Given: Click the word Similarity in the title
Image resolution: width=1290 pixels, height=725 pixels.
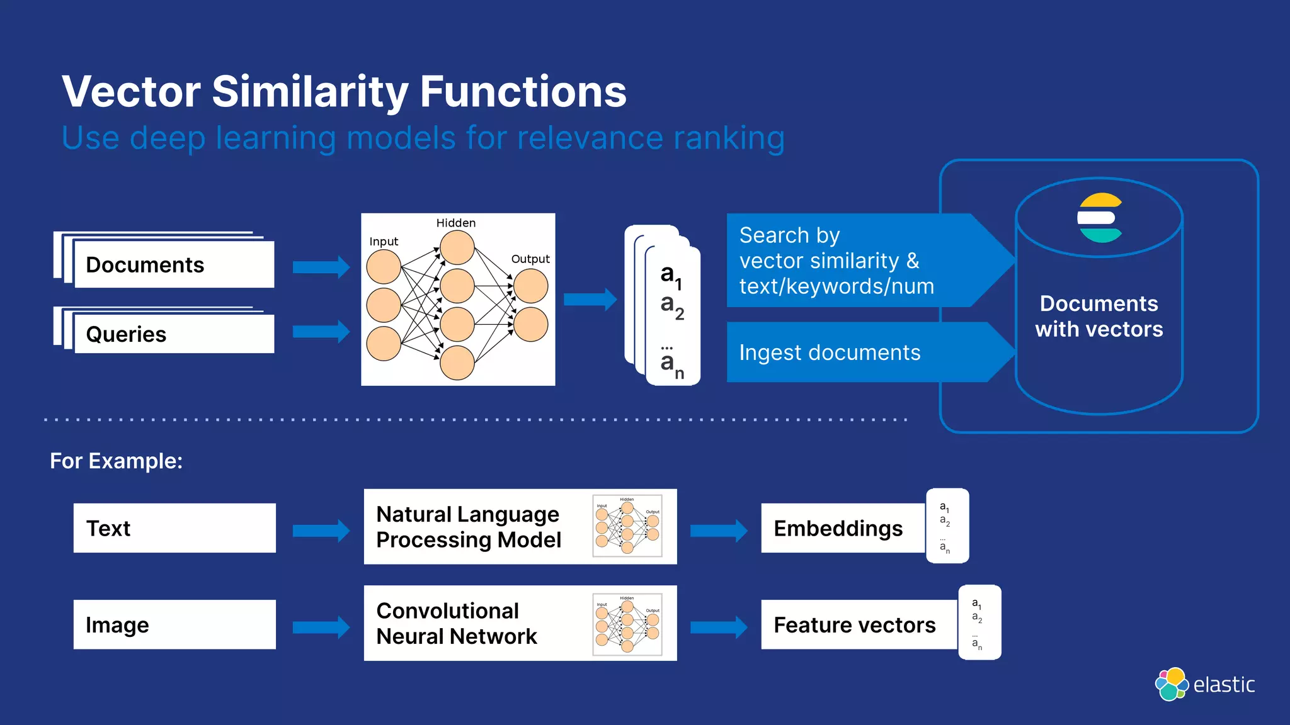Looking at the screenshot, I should (310, 92).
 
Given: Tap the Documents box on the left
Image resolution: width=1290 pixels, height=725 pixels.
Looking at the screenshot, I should (173, 265).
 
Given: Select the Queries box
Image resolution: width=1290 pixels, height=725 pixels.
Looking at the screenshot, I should (173, 334).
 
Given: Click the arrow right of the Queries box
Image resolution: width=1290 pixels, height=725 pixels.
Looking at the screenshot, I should (321, 332).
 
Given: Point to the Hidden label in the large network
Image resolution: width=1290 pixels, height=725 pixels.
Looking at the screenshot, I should (455, 223).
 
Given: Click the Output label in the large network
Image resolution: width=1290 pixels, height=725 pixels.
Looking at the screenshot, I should (530, 259).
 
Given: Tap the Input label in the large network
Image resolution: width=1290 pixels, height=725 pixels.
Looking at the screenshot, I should (384, 242).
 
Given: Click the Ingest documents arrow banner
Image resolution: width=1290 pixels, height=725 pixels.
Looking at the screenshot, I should (857, 352).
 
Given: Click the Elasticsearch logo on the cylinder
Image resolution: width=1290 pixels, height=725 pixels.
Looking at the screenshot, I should (1099, 218).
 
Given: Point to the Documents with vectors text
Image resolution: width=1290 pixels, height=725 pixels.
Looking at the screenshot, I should (1099, 317).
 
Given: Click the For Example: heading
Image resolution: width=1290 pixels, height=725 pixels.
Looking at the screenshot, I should (117, 461).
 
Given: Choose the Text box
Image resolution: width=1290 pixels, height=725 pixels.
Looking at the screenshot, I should (174, 528).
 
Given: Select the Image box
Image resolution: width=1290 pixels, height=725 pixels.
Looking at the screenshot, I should (174, 624).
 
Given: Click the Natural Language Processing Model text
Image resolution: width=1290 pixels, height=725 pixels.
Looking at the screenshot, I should (468, 527).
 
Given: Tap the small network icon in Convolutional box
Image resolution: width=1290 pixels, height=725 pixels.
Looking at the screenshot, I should (627, 624).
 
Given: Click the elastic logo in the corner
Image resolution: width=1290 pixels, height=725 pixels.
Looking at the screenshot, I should (1204, 684).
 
